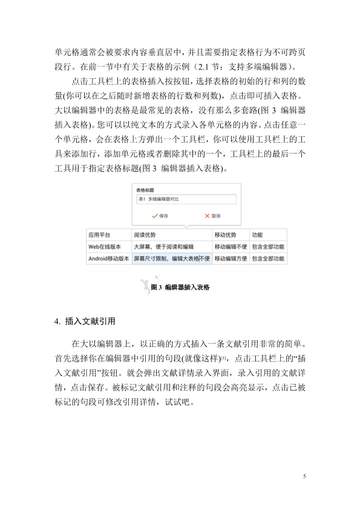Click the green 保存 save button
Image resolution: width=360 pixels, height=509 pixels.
coord(160,215)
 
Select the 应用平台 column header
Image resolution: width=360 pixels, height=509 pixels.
coord(98,235)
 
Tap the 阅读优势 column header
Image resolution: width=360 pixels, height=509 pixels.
coord(145,235)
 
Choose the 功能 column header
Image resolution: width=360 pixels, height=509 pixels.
coord(258,235)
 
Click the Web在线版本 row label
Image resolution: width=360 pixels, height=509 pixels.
coord(105,247)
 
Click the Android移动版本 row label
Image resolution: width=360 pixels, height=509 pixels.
coord(109,259)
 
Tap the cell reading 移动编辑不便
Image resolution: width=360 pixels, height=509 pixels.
coord(231,247)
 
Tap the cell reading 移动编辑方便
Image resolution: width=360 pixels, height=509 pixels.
coord(231,259)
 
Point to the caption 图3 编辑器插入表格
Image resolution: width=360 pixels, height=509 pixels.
coord(180,288)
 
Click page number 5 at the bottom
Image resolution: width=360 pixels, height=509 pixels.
coord(304,477)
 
